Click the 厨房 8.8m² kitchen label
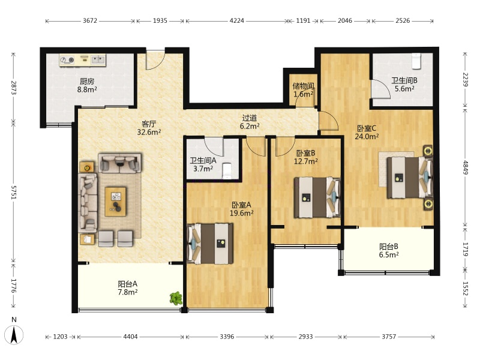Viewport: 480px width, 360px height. (87, 85)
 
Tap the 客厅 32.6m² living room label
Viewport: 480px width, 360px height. (149, 128)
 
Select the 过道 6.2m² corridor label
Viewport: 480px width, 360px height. (250, 122)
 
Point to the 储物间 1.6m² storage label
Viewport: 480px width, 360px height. (303, 90)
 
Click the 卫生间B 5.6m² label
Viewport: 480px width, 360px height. (404, 85)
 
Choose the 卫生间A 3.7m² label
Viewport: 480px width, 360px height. (203, 164)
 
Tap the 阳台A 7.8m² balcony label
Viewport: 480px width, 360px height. (128, 288)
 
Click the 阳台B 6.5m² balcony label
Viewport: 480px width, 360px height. (389, 250)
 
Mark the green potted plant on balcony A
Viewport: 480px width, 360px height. (176, 298)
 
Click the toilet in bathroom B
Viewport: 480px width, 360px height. (416, 61)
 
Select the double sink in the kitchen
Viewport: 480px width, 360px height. (98, 59)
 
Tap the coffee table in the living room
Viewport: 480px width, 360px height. (115, 202)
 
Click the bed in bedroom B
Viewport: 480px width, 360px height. (317, 197)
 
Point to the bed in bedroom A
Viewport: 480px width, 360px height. (210, 244)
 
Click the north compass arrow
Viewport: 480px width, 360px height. (14, 335)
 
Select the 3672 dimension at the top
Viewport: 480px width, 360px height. (89, 21)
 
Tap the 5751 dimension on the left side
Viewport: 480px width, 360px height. (13, 192)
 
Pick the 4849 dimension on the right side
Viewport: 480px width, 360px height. (466, 167)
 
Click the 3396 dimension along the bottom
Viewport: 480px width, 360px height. (227, 337)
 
